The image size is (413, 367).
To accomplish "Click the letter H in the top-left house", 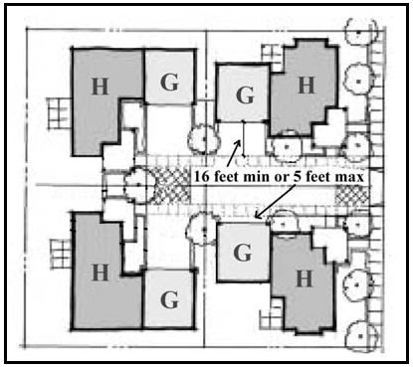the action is (101, 87).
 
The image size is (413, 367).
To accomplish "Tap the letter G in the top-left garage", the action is (169, 82).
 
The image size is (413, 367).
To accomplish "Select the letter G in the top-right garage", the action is (245, 94).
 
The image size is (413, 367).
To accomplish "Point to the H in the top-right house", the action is (307, 86).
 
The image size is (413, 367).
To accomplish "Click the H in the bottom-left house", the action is (101, 273).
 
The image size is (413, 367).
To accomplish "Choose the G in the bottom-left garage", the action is (169, 299).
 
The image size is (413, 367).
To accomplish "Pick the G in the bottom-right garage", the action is (243, 253).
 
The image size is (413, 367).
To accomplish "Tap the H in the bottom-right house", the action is (305, 278).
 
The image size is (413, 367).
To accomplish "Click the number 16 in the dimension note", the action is (201, 176).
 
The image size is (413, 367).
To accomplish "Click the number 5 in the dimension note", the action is (297, 176).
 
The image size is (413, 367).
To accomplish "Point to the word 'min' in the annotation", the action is (255, 176).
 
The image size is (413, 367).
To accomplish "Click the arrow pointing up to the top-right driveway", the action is (234, 153).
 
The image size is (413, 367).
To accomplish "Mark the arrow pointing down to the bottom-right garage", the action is (275, 201).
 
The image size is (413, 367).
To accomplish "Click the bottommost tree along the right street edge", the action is (360, 336).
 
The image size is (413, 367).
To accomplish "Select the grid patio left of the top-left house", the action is (60, 113).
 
